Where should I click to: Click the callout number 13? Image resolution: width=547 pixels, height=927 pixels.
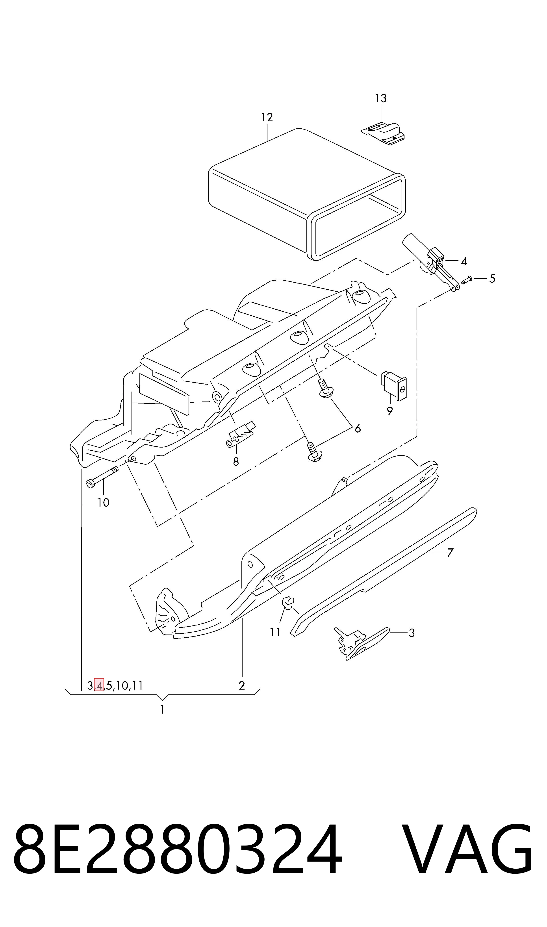[380, 98]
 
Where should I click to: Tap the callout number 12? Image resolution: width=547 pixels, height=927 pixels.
[267, 118]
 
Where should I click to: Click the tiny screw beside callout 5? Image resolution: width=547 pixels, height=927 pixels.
[466, 280]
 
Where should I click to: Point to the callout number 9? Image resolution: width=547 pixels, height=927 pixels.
[390, 411]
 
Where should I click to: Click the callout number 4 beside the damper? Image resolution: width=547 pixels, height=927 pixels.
[464, 261]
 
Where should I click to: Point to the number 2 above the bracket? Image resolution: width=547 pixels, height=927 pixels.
[242, 686]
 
